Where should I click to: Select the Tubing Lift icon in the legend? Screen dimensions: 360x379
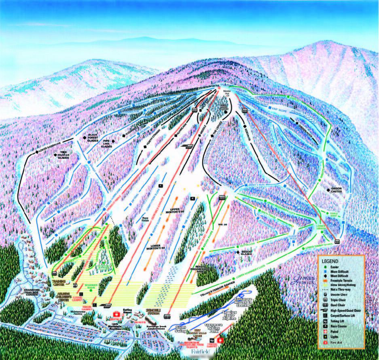pyautogui.click(x=324, y=320)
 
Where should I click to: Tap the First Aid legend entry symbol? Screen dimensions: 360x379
pyautogui.click(x=324, y=343)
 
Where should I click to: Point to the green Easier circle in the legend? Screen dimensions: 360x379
pyautogui.click(x=324, y=267)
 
